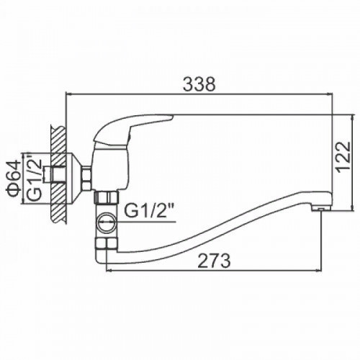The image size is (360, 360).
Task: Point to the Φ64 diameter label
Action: (x=13, y=176)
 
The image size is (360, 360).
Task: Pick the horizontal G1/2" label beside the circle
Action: (x=149, y=211)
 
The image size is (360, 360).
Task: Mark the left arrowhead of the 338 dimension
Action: (x=70, y=94)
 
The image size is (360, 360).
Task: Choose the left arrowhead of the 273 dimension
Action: (x=109, y=271)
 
